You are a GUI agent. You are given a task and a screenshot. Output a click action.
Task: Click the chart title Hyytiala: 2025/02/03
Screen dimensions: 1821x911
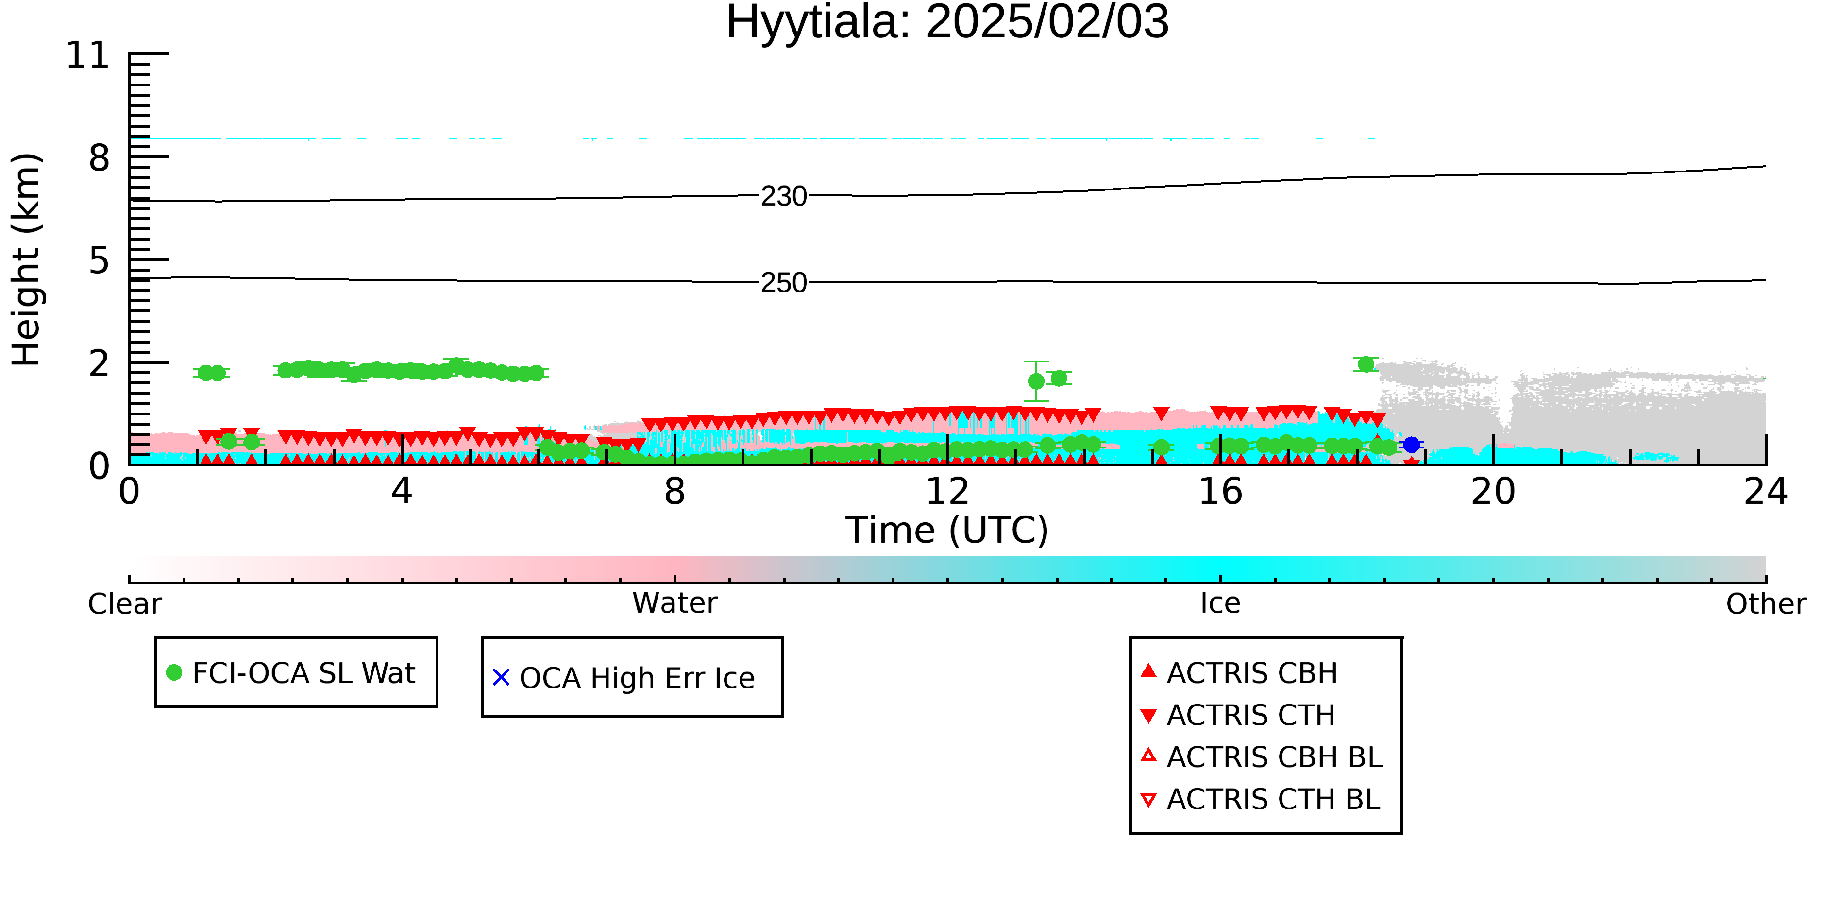point(947,23)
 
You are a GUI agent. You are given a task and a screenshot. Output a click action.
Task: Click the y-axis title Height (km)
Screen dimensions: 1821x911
point(26,259)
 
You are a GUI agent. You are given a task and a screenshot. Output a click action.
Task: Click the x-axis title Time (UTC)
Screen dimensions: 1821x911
point(947,531)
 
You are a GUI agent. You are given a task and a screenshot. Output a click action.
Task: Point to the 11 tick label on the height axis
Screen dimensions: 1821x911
point(88,55)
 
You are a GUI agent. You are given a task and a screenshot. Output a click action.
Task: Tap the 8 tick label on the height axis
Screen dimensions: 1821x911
point(100,158)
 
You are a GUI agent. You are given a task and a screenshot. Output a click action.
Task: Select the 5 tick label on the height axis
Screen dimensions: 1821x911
point(100,261)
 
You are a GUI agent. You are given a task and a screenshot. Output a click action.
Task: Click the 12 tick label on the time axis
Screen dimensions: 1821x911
point(947,492)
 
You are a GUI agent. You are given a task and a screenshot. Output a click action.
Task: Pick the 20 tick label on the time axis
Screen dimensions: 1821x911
point(1493,492)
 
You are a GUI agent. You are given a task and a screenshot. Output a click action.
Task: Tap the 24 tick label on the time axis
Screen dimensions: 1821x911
point(1766,492)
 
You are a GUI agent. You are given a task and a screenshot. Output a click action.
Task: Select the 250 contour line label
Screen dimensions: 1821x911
point(784,283)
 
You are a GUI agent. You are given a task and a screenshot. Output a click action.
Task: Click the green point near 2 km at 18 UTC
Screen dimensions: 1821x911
point(1366,364)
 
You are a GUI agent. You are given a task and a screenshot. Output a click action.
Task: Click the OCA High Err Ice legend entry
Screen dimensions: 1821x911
point(624,678)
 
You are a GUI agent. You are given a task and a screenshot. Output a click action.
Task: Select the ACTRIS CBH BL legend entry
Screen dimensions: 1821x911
point(1262,757)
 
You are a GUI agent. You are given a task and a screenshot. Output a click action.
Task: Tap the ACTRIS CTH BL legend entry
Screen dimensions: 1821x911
point(1261,799)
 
